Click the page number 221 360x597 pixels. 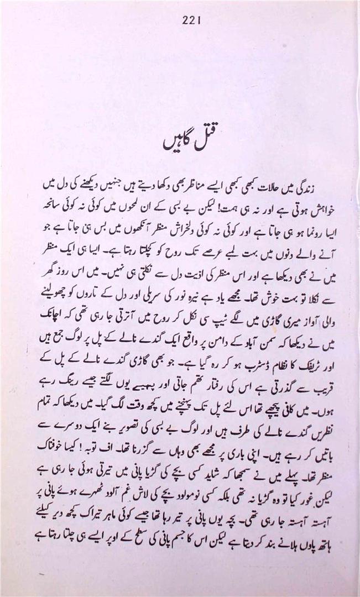tap(190, 20)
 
